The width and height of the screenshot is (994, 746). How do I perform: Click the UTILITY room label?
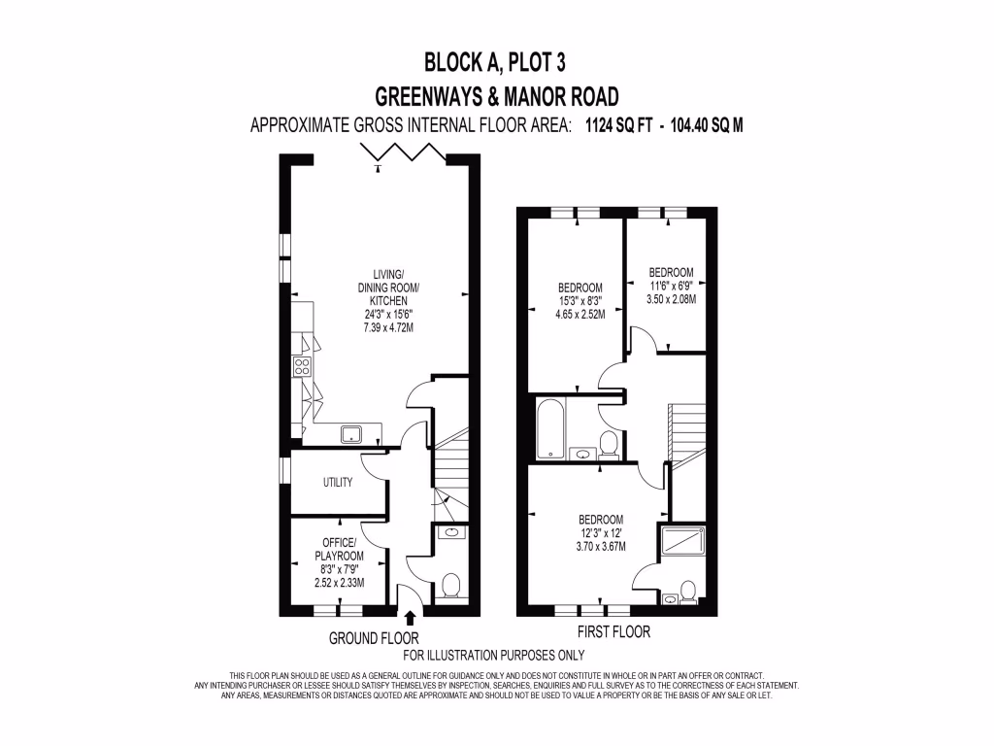click(x=337, y=483)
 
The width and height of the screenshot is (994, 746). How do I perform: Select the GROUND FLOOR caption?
click(x=374, y=638)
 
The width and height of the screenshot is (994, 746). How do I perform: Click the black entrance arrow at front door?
click(x=410, y=617)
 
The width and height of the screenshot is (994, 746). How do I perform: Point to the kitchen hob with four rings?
click(x=301, y=367)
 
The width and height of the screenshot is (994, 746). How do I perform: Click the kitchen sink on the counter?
click(x=350, y=433)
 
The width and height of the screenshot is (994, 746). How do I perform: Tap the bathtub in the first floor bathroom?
click(x=549, y=428)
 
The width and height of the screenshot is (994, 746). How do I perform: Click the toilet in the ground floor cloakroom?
click(x=450, y=586)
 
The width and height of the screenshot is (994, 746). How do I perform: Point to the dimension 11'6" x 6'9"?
click(x=671, y=286)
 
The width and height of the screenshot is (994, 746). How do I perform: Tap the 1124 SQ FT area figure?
click(x=618, y=125)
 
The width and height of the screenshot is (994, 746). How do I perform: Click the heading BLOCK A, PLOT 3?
click(x=495, y=63)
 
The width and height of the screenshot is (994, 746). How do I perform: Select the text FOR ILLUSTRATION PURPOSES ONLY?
click(x=494, y=655)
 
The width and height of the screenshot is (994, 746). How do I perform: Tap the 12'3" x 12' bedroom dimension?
click(x=601, y=532)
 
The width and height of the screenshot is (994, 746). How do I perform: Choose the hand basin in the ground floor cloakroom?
click(x=450, y=532)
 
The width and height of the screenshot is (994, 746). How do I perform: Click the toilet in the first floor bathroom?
click(x=609, y=445)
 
